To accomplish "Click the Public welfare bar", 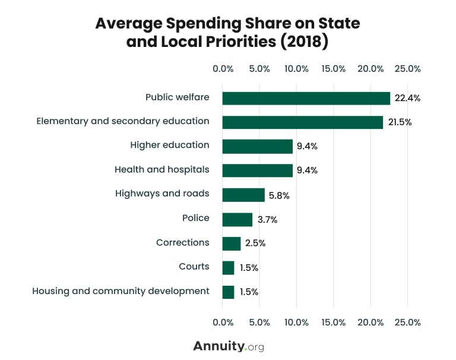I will (x=306, y=98).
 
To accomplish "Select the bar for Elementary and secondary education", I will (x=303, y=122).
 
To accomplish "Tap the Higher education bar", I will (x=258, y=146).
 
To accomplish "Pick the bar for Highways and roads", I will (x=243, y=194).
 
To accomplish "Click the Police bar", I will (x=237, y=219).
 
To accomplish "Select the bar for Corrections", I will (x=232, y=244).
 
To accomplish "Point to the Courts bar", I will (x=228, y=268).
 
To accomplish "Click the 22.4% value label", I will (x=407, y=98).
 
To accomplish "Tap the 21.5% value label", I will (x=400, y=122).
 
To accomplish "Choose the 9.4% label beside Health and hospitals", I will (x=308, y=170).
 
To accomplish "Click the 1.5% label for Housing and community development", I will (x=249, y=292).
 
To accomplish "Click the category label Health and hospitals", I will (x=161, y=170).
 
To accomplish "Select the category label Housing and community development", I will (x=121, y=291).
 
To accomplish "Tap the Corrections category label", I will (x=182, y=242).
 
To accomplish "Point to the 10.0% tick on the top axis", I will (x=296, y=69).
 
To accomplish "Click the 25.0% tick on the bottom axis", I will (x=407, y=323).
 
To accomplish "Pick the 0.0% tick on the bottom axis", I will (x=223, y=323).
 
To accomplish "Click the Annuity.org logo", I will (x=228, y=346).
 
